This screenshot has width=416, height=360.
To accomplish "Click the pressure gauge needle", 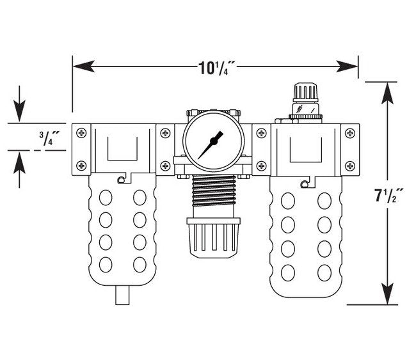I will (x=210, y=145).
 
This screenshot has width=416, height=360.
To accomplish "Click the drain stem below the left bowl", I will (x=121, y=296).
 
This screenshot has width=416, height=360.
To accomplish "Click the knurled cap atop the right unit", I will (x=304, y=92).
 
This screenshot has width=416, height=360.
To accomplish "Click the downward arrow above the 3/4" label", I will (x=20, y=113).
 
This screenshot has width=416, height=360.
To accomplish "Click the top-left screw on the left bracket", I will (x=81, y=133).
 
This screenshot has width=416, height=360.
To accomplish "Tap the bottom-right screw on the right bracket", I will (x=349, y=166).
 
